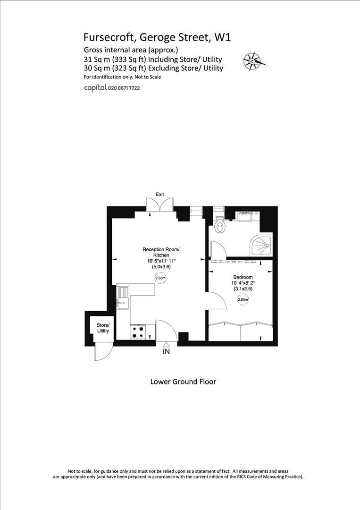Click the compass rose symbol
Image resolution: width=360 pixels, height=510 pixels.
(254, 60)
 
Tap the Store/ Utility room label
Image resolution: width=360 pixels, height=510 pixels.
(103, 328)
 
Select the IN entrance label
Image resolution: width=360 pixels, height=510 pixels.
(166, 352)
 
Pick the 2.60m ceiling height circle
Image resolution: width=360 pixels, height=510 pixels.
(243, 299)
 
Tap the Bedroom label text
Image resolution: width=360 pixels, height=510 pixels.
(243, 277)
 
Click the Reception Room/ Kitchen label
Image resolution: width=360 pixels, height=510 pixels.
(161, 252)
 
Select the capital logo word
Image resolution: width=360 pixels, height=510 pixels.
(95, 88)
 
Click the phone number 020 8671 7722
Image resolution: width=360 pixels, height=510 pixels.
(124, 88)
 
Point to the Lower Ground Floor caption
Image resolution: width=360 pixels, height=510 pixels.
(183, 382)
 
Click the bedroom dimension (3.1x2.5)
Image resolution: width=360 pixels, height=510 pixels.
(243, 289)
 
